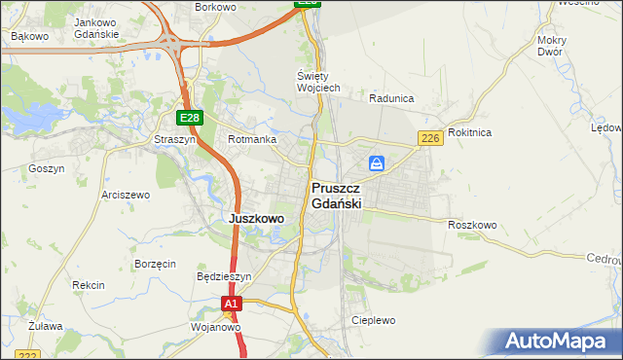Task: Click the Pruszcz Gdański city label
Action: coord(337,196)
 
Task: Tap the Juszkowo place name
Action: coord(256,219)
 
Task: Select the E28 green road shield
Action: coord(189,118)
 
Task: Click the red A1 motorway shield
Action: coord(230,305)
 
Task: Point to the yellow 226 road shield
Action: coord(431,139)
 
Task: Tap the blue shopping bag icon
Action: coord(377,162)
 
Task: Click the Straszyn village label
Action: coord(175,140)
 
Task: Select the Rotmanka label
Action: coord(252,140)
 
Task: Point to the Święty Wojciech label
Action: coord(318,82)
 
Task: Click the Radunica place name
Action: coord(392,98)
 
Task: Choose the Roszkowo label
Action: coord(472,225)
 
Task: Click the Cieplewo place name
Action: coord(374,320)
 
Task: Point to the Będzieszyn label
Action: coord(224,276)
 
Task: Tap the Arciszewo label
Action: coord(126,195)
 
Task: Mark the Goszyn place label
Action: coord(47,168)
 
